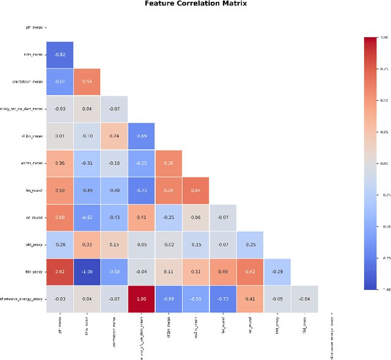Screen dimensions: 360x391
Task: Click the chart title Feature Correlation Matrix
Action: (195, 4)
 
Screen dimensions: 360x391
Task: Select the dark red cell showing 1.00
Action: (142, 298)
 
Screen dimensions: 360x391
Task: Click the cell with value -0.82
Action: (60, 54)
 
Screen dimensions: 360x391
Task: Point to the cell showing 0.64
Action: (195, 190)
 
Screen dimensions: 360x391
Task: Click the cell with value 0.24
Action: (114, 135)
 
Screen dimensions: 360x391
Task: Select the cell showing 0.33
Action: (87, 244)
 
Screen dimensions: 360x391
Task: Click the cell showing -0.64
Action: (60, 81)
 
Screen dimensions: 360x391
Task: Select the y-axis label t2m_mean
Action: (31, 54)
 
